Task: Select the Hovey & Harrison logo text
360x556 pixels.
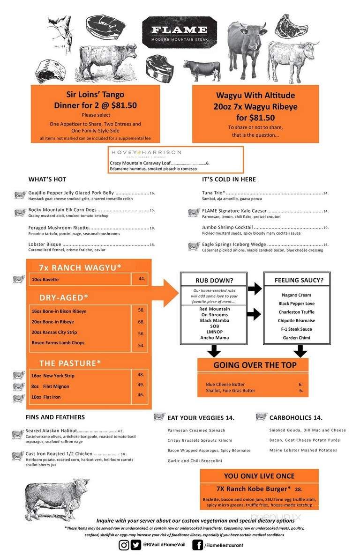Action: pos(145,153)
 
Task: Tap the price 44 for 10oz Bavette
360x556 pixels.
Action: pos(142,279)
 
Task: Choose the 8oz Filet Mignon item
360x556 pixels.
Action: pos(50,386)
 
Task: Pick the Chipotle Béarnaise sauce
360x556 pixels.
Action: pos(296,320)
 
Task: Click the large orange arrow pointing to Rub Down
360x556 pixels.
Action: pos(165,293)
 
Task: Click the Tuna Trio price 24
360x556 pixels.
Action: pos(326,193)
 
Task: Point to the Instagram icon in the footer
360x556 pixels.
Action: pos(124,545)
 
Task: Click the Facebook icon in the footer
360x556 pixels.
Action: pos(197,545)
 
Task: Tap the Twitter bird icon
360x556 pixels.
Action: pos(136,545)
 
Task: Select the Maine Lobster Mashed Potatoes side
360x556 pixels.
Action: pos(303,450)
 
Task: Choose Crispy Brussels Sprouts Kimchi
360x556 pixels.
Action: pos(200,440)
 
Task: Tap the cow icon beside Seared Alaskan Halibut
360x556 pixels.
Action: pos(18,434)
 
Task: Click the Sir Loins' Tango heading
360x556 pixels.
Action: pos(95,94)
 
